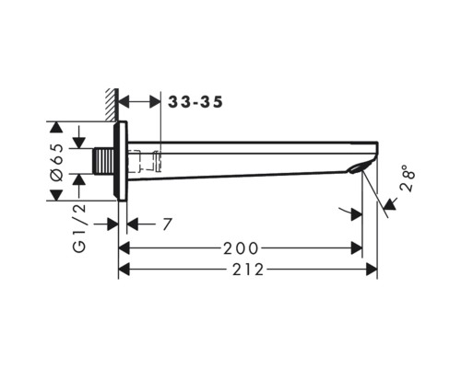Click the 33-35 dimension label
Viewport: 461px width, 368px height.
point(195,102)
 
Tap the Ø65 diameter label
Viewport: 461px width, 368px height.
point(57,162)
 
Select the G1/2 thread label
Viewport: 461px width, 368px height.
point(79,228)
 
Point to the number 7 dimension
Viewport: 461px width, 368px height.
point(167,224)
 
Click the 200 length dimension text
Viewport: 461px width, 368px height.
point(241,248)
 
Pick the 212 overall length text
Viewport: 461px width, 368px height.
point(248,270)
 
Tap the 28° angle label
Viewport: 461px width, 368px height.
point(408,178)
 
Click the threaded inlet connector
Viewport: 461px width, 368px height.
point(103,161)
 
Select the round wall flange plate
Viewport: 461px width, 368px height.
point(121,161)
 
